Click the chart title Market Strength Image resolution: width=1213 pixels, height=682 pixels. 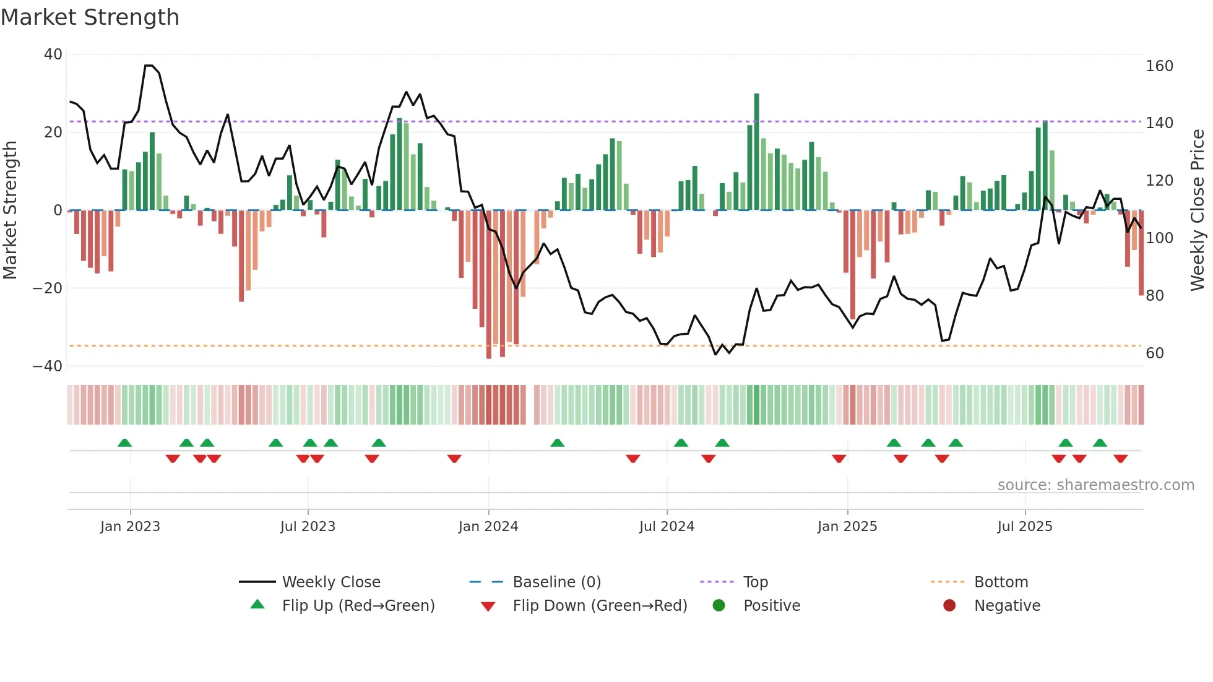coord(90,17)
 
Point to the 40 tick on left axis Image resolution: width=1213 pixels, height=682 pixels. coord(53,54)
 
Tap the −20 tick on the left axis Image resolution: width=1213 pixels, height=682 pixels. coord(48,288)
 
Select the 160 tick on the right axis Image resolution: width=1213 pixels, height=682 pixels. coord(1159,66)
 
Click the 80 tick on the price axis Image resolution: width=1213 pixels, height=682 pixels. coord(1155,296)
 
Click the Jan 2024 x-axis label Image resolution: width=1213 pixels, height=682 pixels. coord(488,527)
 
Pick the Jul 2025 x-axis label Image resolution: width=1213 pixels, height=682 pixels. coord(1025,527)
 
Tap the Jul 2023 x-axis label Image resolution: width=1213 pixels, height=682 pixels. coord(308,527)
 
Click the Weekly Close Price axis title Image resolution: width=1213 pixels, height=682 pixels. coord(1198,210)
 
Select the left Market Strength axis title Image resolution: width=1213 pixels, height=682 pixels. coord(11,210)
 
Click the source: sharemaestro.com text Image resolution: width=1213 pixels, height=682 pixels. coord(1095,485)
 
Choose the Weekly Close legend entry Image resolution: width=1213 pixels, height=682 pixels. coord(331,582)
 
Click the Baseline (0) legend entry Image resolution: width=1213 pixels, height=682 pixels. coord(556,582)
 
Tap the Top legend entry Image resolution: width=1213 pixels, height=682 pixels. coord(755,582)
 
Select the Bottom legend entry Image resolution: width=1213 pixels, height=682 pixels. coord(1001,582)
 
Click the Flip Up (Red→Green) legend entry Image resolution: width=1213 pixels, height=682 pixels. coord(358,606)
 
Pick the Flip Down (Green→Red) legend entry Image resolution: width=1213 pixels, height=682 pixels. coord(600,606)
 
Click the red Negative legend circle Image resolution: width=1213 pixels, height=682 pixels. coord(949,606)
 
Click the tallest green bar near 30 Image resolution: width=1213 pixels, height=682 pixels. coord(756,152)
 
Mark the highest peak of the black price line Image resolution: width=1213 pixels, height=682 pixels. coord(149,65)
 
